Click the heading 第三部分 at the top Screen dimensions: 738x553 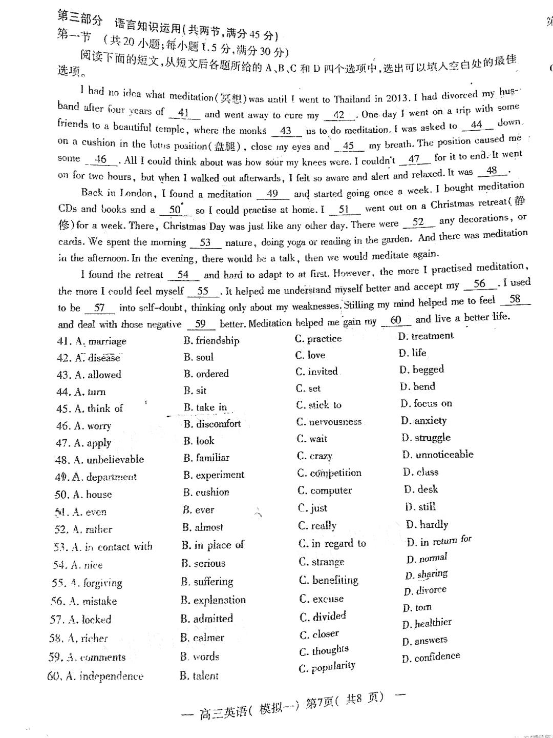(79, 19)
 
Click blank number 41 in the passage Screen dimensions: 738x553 (183, 113)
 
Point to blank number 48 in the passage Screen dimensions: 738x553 (492, 171)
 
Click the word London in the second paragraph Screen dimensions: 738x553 (136, 193)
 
